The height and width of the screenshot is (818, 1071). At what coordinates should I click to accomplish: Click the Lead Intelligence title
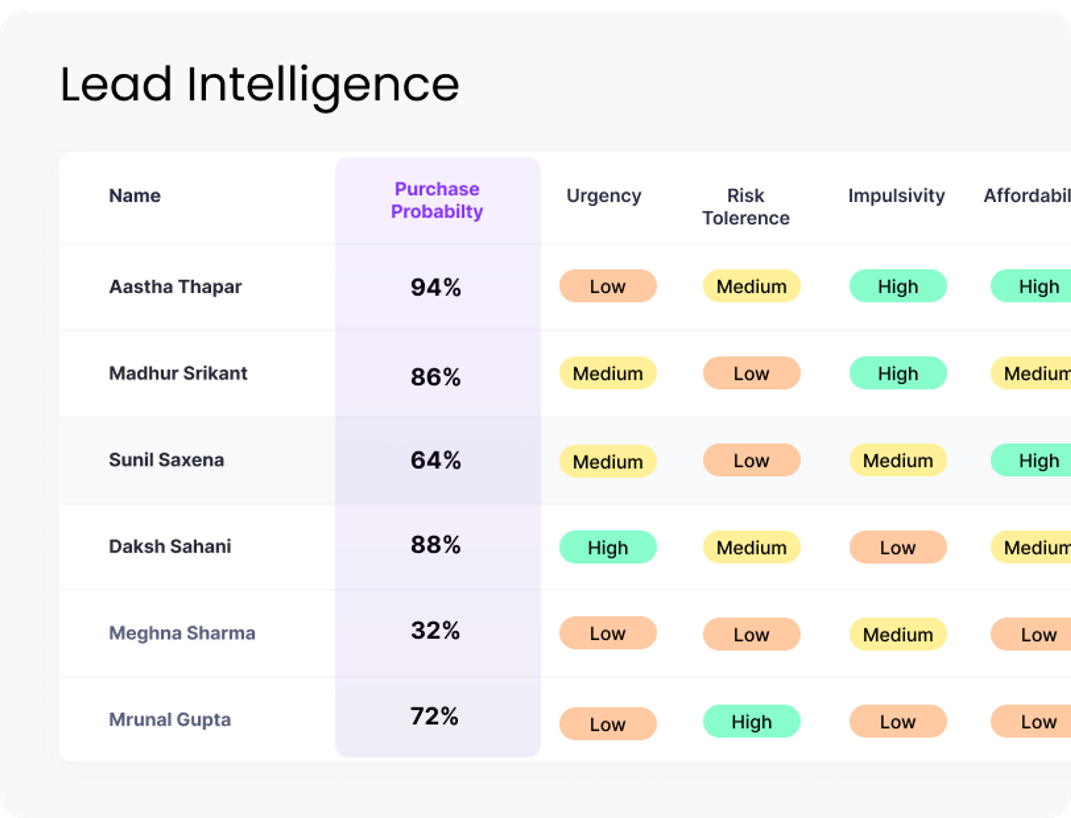(259, 85)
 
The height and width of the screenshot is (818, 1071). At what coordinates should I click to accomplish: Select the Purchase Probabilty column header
(437, 200)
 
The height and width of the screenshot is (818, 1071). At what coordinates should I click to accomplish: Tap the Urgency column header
(604, 196)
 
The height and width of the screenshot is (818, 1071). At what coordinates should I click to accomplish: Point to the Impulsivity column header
(896, 196)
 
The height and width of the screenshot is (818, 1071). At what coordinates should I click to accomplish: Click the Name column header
(135, 196)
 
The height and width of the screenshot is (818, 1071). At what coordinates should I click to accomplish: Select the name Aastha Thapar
(175, 287)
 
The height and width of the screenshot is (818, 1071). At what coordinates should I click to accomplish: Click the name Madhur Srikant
(178, 374)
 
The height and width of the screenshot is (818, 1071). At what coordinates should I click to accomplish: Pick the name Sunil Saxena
(167, 460)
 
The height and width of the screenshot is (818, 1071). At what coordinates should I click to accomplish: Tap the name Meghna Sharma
(182, 633)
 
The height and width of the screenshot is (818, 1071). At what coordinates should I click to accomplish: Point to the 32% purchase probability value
(435, 631)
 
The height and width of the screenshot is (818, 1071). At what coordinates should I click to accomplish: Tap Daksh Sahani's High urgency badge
(607, 547)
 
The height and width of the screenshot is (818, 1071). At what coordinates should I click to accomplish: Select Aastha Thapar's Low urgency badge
(607, 286)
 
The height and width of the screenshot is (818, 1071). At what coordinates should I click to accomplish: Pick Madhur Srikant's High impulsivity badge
(898, 374)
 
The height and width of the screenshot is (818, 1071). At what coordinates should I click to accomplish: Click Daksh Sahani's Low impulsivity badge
(898, 547)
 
